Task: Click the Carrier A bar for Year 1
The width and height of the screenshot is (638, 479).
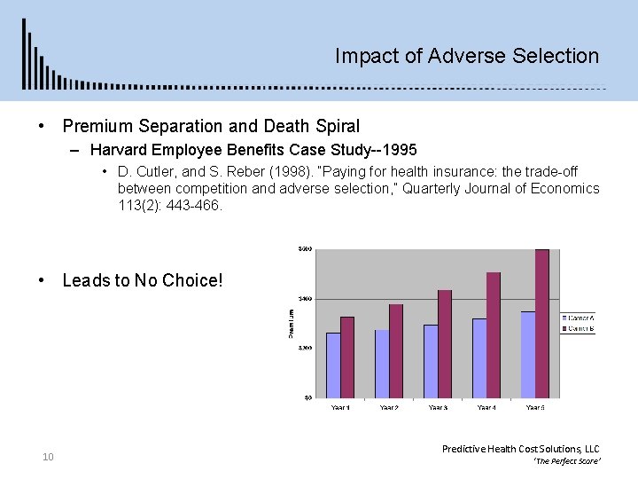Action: pyautogui.click(x=333, y=365)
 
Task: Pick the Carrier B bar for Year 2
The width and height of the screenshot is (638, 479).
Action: pyautogui.click(x=396, y=350)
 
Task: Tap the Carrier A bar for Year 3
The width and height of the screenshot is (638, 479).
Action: pyautogui.click(x=431, y=360)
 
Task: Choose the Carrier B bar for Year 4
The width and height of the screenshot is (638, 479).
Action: pyautogui.click(x=494, y=334)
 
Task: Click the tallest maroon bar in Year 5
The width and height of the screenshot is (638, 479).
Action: pyautogui.click(x=542, y=323)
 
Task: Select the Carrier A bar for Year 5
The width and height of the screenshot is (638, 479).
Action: pyautogui.click(x=528, y=354)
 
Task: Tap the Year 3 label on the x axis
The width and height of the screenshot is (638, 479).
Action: pyautogui.click(x=438, y=408)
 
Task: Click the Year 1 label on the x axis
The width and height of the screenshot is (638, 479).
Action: pyautogui.click(x=340, y=408)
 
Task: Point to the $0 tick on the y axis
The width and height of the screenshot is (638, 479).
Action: pyautogui.click(x=307, y=397)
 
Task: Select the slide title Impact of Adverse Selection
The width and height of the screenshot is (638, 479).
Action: pyautogui.click(x=467, y=56)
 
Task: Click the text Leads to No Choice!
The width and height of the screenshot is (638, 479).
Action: pyautogui.click(x=143, y=280)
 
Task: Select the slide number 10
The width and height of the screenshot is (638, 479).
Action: pyautogui.click(x=48, y=457)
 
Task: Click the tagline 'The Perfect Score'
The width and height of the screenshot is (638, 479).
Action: pyautogui.click(x=566, y=462)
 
